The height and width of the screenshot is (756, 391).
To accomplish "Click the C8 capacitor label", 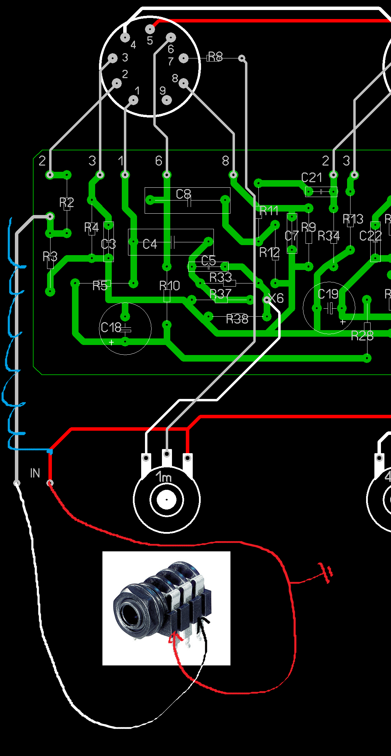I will click(183, 194).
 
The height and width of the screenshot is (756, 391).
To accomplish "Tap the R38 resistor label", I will click(237, 319).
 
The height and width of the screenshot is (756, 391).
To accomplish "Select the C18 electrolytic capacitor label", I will click(111, 327).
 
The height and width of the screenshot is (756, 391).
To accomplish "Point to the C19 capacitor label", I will click(328, 294).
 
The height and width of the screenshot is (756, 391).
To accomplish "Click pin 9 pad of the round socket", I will click(167, 100).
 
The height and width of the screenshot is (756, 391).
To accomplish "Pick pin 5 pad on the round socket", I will click(150, 29).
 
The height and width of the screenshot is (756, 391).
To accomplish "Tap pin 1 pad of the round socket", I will click(133, 100).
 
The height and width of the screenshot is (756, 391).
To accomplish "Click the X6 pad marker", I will click(267, 299).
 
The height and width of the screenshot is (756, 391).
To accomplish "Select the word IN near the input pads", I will click(35, 473).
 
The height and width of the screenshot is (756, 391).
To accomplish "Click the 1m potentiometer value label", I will click(163, 477).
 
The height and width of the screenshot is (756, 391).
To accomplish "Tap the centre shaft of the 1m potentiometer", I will click(167, 500).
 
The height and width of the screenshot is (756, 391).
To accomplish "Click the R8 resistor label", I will click(215, 57).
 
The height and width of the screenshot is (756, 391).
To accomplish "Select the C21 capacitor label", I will click(311, 178).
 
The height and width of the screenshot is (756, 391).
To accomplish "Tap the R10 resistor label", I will click(170, 286).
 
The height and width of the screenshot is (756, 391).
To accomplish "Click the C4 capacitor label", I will click(150, 244).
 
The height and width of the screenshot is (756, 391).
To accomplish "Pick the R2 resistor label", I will click(66, 202).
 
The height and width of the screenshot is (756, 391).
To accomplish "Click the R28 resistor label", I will click(362, 335).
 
